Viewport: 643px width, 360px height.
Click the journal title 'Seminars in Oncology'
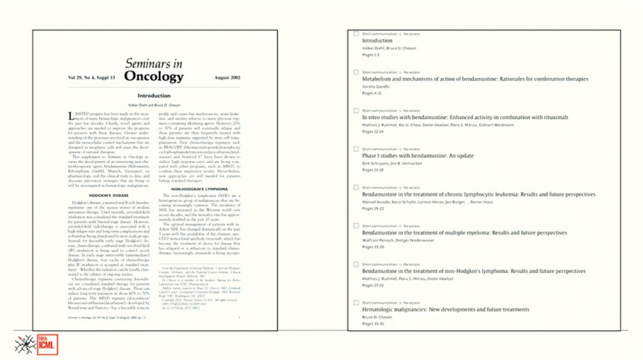coord(154,70)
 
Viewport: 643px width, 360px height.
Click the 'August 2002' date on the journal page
coord(227,77)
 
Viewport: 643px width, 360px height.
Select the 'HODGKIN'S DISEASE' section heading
coord(109,195)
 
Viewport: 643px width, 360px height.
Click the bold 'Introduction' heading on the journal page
coord(154,96)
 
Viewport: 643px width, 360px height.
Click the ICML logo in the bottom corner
coord(36,344)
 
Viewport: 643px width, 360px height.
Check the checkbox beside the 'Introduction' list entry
coord(356,33)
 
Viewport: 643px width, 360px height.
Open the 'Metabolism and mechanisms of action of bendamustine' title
coord(475,79)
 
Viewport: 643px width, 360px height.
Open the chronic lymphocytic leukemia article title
coord(479,194)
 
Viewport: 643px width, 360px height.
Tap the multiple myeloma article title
coord(464,232)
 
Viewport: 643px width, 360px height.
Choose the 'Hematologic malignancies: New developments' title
coord(445,310)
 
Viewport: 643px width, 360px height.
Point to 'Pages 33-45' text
coord(373,324)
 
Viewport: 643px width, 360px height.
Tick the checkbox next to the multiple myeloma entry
coord(356,226)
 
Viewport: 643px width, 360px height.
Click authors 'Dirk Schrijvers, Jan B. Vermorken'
coord(392,163)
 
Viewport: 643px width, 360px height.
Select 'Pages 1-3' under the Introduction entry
coord(371,55)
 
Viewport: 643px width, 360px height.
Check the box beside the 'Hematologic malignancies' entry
coord(356,303)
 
